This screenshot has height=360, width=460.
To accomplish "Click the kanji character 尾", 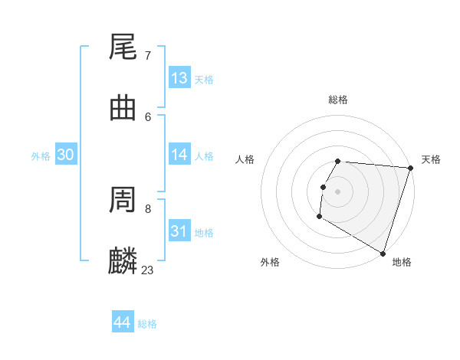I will (x=123, y=47).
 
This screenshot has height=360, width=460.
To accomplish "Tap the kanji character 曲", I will (x=123, y=108).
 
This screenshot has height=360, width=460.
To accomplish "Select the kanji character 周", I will (x=123, y=200).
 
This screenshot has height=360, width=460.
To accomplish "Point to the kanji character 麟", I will (x=123, y=261).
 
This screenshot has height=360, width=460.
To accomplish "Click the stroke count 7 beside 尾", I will (x=147, y=56).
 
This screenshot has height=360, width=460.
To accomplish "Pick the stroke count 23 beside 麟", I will (x=147, y=270).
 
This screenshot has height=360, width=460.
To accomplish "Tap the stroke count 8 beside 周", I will (x=147, y=208).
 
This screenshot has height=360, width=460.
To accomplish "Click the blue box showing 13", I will (x=179, y=78).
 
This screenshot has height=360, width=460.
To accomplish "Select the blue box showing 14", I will (x=179, y=155).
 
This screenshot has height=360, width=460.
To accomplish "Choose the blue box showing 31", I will (x=179, y=231).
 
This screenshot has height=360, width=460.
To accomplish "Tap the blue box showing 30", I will (x=66, y=155).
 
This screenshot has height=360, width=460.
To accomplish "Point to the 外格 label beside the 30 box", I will (x=41, y=156).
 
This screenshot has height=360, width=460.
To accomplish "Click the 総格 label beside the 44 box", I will (x=147, y=324).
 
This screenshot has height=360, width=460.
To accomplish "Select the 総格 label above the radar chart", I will (x=338, y=100).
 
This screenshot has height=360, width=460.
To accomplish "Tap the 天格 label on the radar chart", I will (x=431, y=159).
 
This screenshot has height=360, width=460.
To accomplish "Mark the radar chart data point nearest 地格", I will (x=383, y=252).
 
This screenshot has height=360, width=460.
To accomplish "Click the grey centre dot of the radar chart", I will (x=338, y=191).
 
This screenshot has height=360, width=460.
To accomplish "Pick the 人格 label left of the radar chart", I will (x=245, y=159).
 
